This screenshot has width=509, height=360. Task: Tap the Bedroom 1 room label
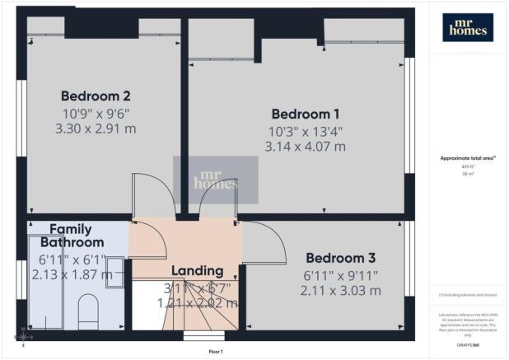tap(306, 114)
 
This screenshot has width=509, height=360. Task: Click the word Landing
tap(197, 270)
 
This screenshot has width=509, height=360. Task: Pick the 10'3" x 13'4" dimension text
tap(305, 130)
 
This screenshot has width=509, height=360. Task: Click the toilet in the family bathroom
tap(88, 311)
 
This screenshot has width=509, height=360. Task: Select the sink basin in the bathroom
tap(114, 271)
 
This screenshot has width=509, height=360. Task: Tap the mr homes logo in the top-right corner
tap(467, 27)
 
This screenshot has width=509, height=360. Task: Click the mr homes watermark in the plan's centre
tap(215, 175)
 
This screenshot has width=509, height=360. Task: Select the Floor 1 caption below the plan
tap(216, 352)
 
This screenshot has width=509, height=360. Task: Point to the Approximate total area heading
tap(467, 157)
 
